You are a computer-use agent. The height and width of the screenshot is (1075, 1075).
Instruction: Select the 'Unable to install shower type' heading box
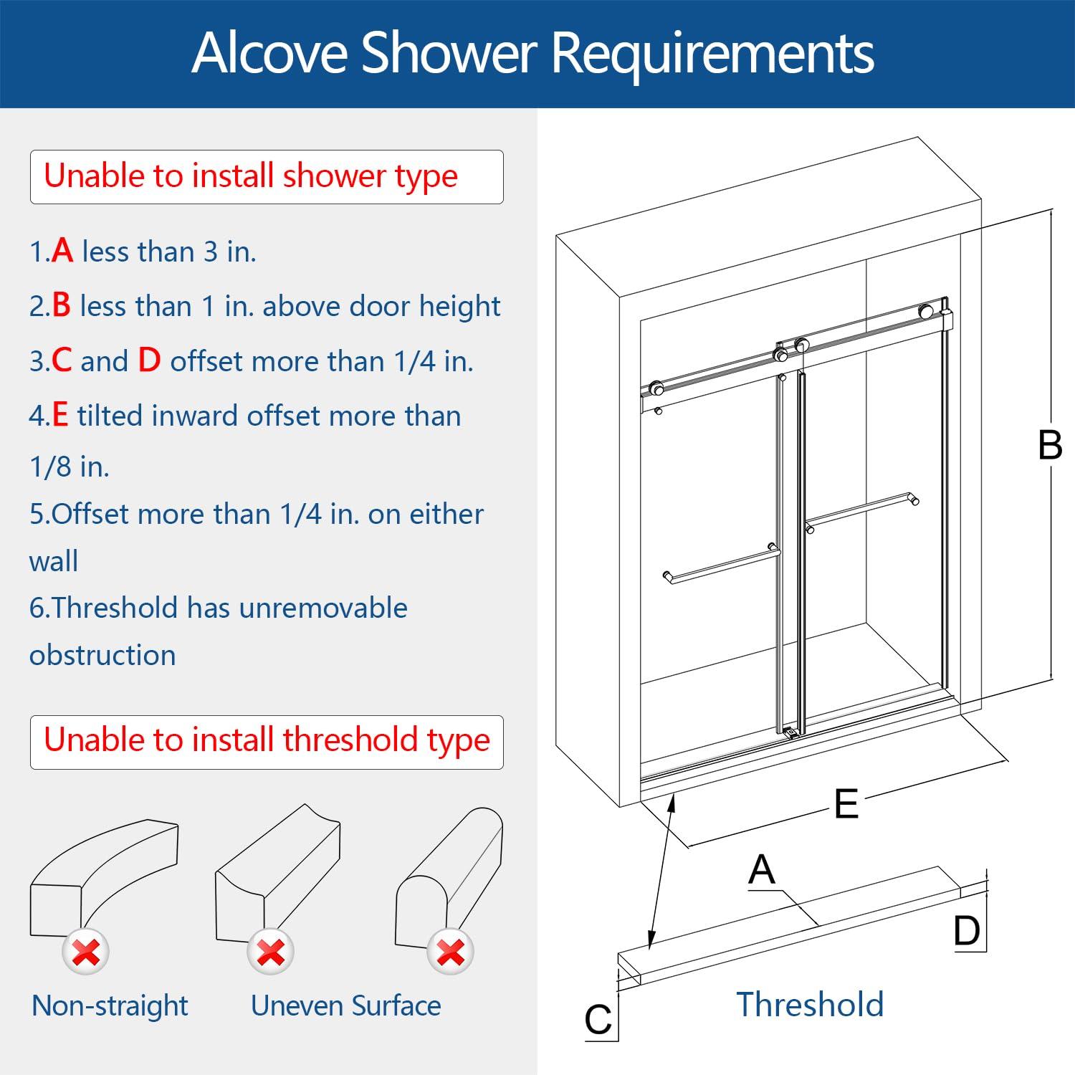[x=266, y=176]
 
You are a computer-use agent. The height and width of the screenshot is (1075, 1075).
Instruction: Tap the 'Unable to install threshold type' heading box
[x=266, y=741]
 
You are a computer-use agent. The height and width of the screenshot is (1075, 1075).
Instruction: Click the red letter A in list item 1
[x=62, y=251]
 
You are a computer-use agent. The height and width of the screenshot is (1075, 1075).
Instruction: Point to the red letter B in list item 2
[x=62, y=305]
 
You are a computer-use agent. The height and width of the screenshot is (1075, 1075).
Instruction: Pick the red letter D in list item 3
[x=149, y=360]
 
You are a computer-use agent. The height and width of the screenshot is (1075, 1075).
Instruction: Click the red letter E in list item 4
[x=61, y=416]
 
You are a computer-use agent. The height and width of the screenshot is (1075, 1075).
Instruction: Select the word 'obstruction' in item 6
[x=102, y=655]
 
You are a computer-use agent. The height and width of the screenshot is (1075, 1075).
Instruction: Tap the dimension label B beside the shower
[x=1050, y=446]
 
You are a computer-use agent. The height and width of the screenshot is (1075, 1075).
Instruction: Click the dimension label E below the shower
[x=846, y=804]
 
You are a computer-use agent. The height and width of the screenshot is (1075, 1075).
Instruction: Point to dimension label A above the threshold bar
[x=761, y=870]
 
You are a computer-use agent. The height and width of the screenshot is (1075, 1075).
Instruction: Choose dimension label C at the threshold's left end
[x=598, y=1020]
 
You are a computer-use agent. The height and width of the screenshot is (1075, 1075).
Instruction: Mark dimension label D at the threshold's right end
[x=967, y=932]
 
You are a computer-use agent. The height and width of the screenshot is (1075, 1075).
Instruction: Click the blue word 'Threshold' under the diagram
[x=810, y=1004]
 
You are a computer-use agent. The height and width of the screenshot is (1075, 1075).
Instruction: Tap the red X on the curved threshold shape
[x=86, y=952]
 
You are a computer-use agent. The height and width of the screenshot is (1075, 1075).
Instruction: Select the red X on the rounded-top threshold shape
[x=450, y=952]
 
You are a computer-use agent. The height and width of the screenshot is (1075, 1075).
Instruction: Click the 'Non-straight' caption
[x=110, y=1005]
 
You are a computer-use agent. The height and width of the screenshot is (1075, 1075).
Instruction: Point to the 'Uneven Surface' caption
[x=345, y=1005]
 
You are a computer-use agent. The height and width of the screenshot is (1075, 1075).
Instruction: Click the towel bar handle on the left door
[x=722, y=564]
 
